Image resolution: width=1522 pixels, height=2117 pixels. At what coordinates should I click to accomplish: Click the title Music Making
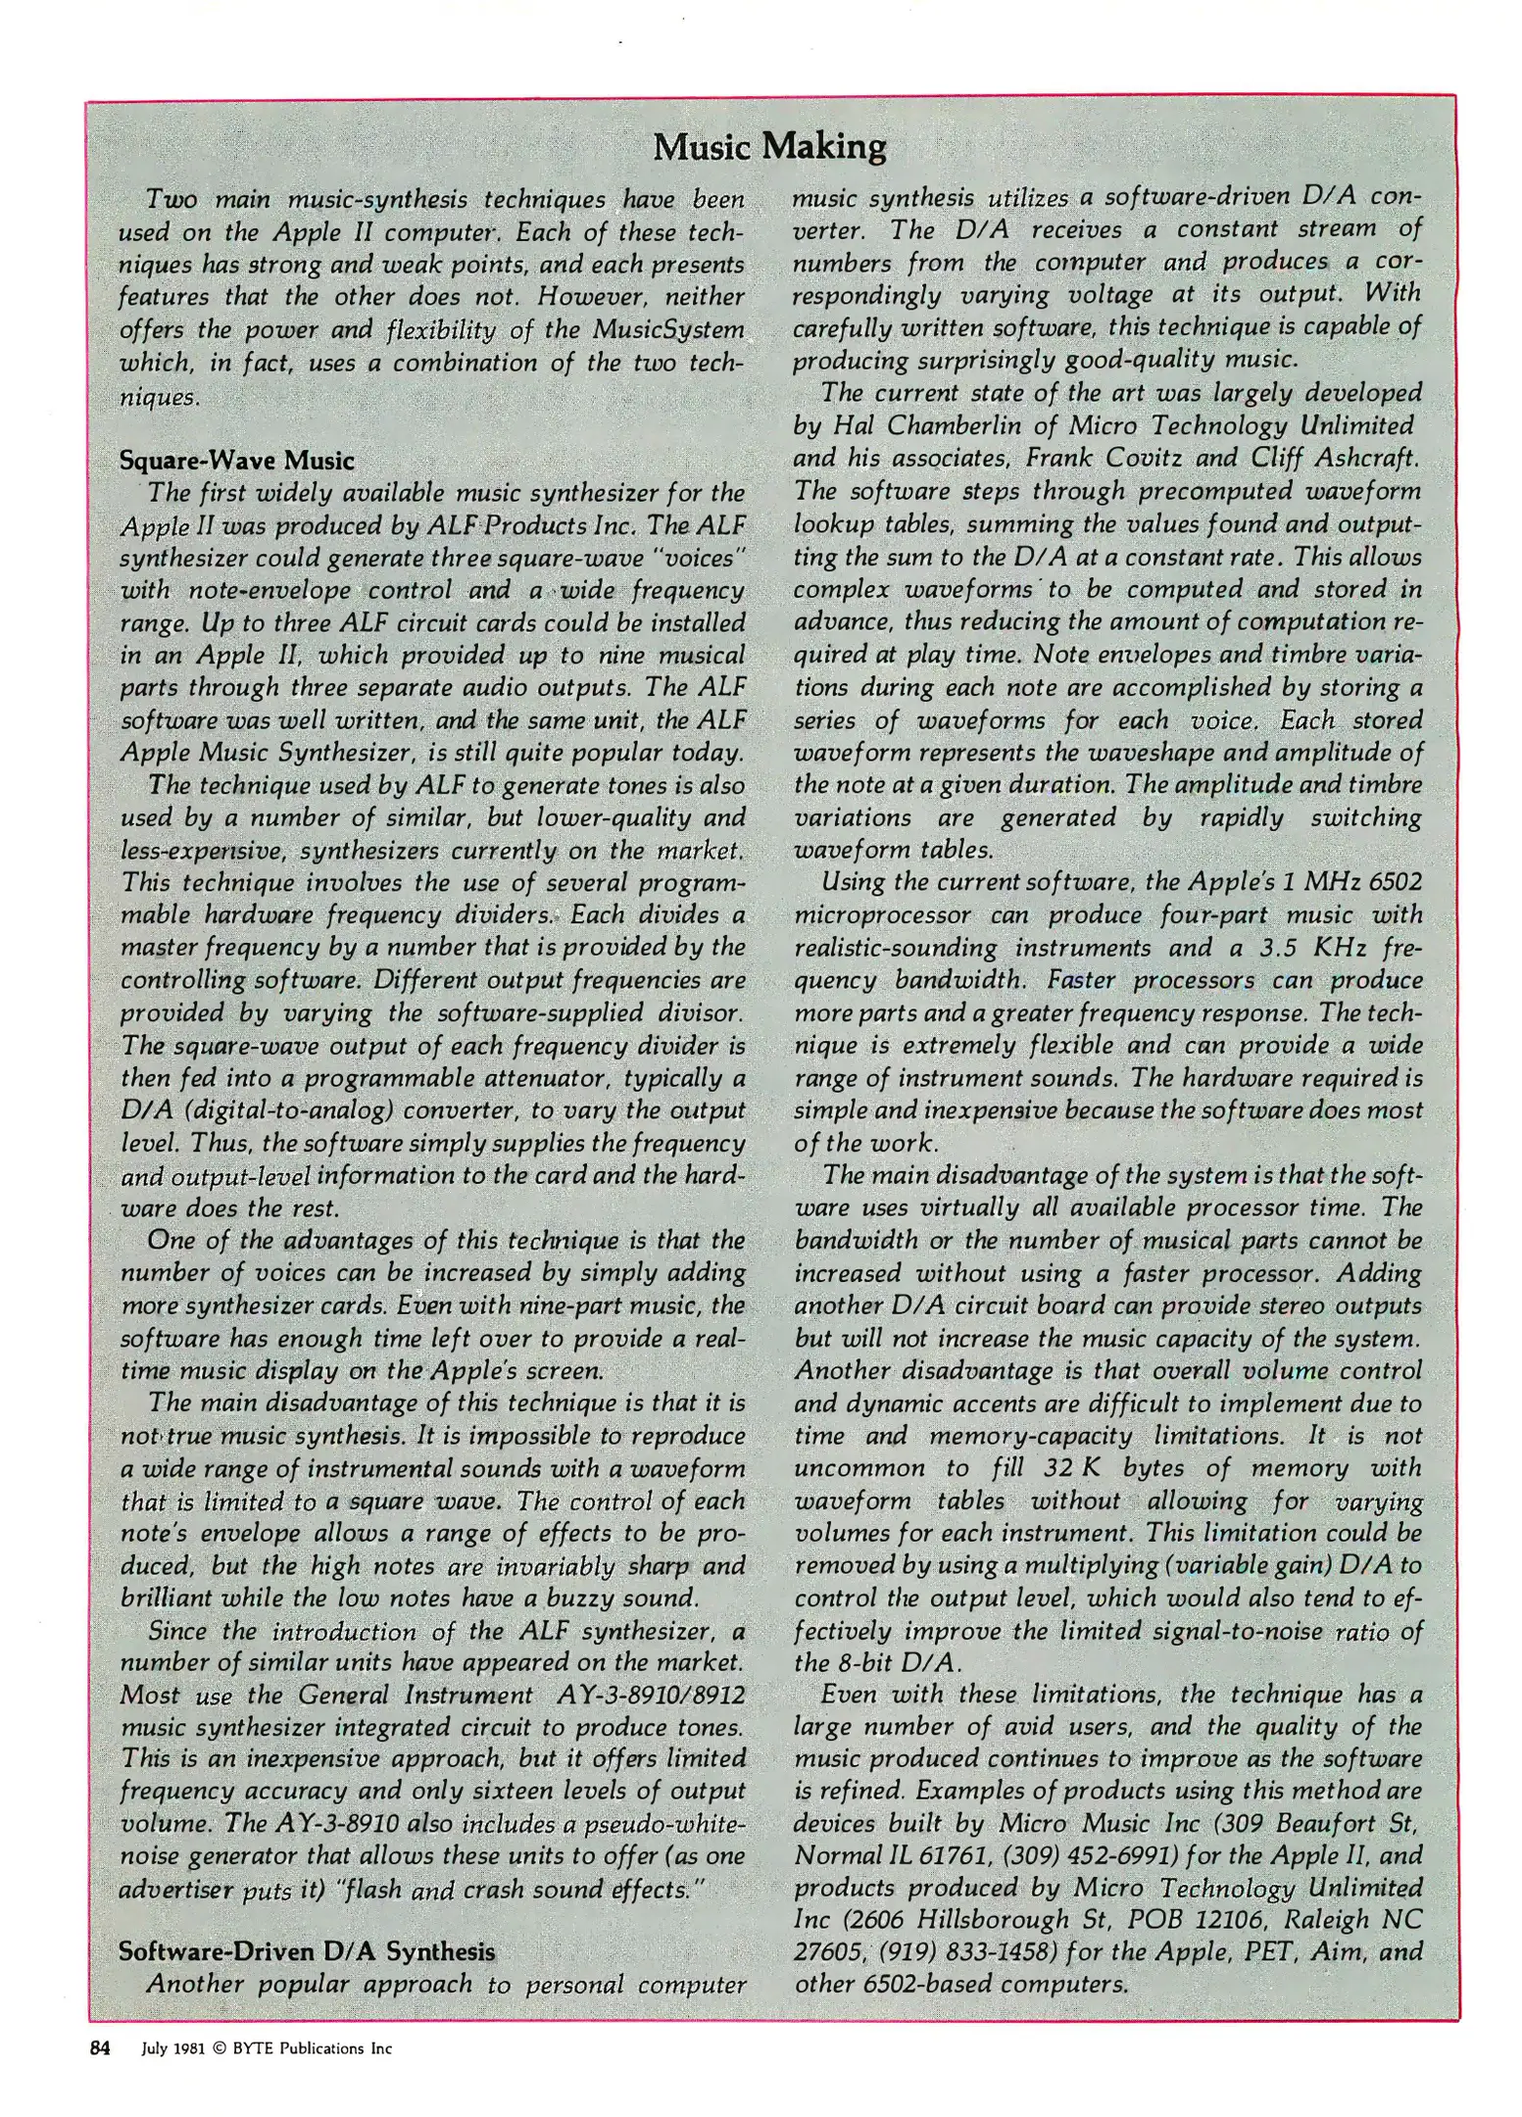click(x=769, y=147)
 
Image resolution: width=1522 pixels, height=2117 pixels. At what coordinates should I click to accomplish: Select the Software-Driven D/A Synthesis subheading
click(x=306, y=1950)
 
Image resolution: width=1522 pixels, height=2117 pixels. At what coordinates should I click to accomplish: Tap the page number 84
click(x=100, y=2047)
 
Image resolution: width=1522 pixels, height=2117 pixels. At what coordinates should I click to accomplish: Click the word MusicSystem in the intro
click(x=667, y=330)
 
